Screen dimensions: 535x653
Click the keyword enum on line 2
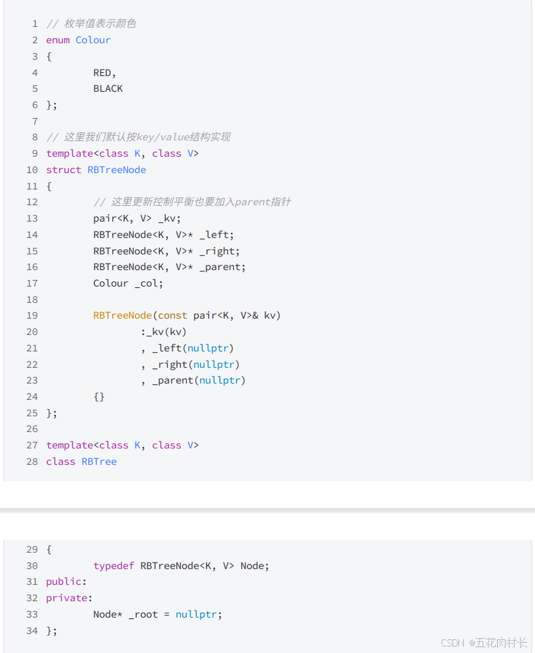pyautogui.click(x=58, y=40)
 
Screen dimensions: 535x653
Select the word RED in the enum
pyautogui.click(x=102, y=73)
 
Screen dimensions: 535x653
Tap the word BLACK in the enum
pyautogui.click(x=108, y=89)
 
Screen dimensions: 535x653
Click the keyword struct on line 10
pyautogui.click(x=64, y=170)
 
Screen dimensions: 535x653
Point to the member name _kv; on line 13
pyautogui.click(x=169, y=218)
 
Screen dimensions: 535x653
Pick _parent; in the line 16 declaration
pyautogui.click(x=223, y=267)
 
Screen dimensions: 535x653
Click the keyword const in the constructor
pyautogui.click(x=172, y=315)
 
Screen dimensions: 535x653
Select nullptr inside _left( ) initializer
pyautogui.click(x=208, y=348)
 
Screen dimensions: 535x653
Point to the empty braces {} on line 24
pyautogui.click(x=99, y=397)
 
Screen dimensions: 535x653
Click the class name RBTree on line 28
pyautogui.click(x=99, y=462)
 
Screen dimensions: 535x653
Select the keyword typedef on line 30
pyautogui.click(x=113, y=566)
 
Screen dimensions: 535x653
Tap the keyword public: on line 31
pyautogui.click(x=66, y=582)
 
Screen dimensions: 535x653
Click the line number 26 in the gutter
pyautogui.click(x=32, y=429)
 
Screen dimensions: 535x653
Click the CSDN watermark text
pyautogui.click(x=452, y=643)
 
